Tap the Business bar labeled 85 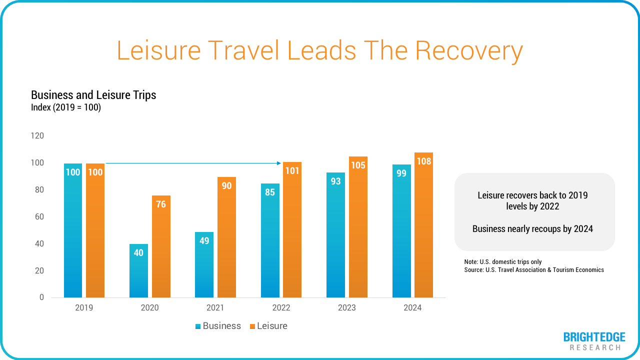pyautogui.click(x=270, y=240)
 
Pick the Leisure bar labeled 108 pyautogui.click(x=423, y=225)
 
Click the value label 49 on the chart pyautogui.click(x=204, y=240)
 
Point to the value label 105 pyautogui.click(x=358, y=165)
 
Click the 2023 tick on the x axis pyautogui.click(x=346, y=307)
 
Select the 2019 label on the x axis pyautogui.click(x=84, y=307)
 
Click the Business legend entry pyautogui.click(x=218, y=326)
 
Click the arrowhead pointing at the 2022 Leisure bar pyautogui.click(x=279, y=163)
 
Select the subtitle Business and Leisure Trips pyautogui.click(x=93, y=95)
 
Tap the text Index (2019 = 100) pyautogui.click(x=66, y=107)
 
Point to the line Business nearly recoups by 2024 pyautogui.click(x=532, y=229)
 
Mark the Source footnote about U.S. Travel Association pyautogui.click(x=534, y=270)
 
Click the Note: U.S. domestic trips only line pyautogui.click(x=502, y=262)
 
